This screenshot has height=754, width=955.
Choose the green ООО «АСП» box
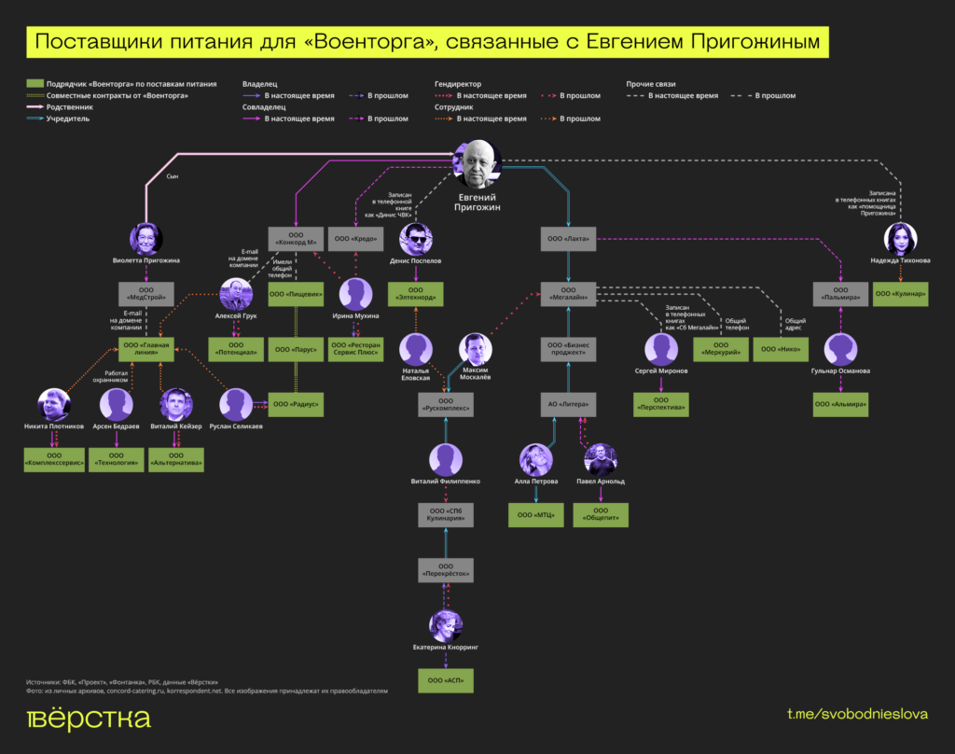(446, 680)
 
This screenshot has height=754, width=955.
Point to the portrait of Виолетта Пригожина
(145, 239)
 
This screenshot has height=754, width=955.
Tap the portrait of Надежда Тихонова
(900, 239)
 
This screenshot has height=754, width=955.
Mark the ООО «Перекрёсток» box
(446, 570)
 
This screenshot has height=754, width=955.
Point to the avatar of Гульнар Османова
(841, 350)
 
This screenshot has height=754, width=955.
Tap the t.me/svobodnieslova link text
(857, 715)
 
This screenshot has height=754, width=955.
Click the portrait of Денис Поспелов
(416, 239)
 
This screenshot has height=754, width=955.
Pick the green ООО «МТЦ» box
(535, 514)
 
